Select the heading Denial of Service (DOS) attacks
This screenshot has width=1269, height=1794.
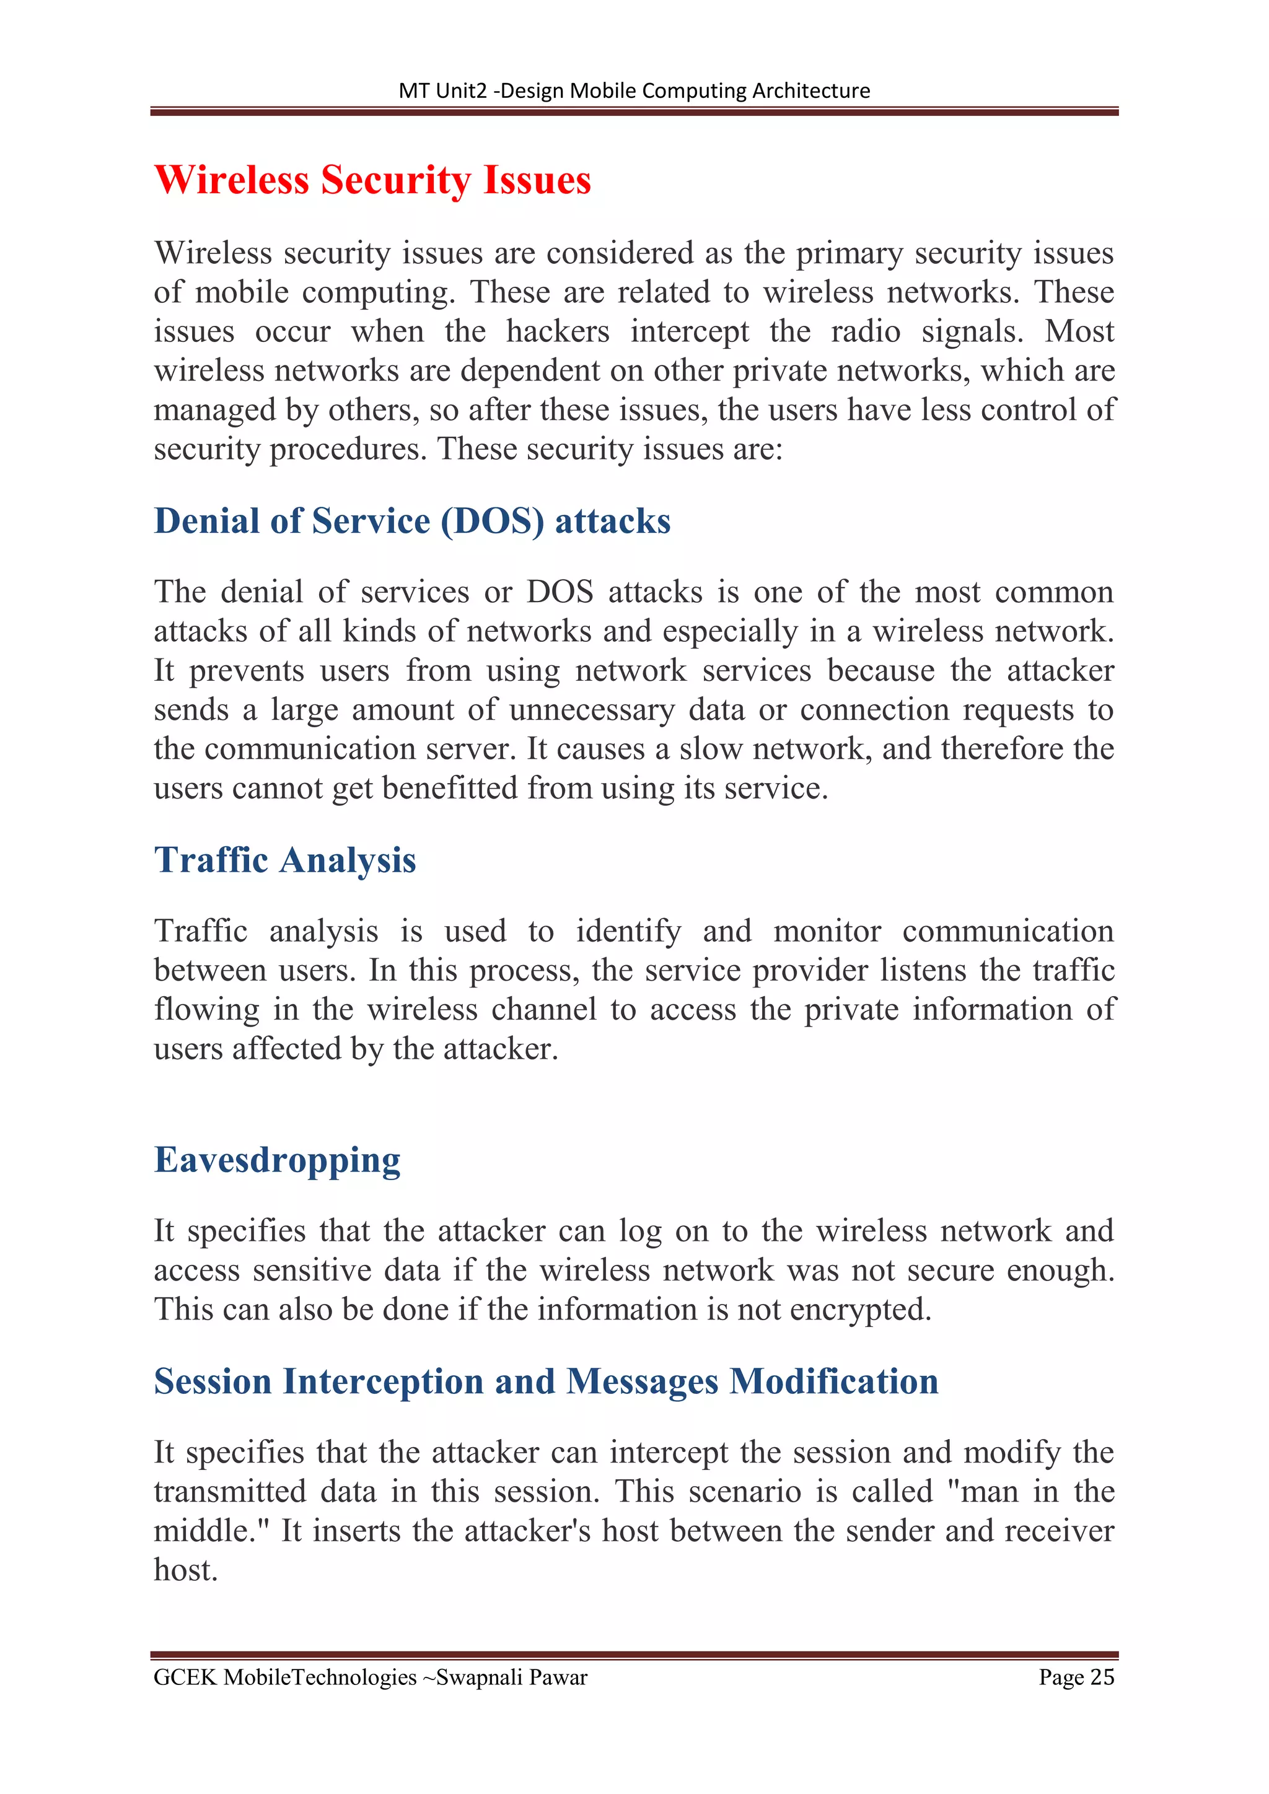point(412,521)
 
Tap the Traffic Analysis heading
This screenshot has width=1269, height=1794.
point(284,860)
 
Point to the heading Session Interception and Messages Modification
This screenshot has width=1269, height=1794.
point(545,1381)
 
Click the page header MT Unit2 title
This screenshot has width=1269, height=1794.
point(634,90)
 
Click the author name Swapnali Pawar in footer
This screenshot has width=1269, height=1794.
point(511,1677)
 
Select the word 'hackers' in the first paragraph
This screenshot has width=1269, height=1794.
point(557,331)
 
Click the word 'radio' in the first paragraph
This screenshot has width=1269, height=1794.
point(865,331)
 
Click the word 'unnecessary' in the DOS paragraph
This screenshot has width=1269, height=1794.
point(592,709)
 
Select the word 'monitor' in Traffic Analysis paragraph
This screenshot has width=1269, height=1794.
point(827,931)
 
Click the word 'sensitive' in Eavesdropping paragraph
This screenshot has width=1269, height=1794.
point(312,1271)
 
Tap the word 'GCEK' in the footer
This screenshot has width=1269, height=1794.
point(185,1677)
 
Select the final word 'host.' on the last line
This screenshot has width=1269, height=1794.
point(185,1570)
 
